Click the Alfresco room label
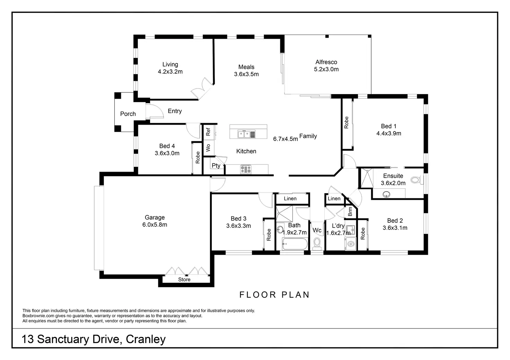[326, 62]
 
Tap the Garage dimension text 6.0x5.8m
[155, 225]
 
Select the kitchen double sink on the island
[246, 134]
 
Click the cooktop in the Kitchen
[246, 169]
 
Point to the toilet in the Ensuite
[417, 180]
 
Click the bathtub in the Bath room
[294, 244]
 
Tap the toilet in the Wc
[317, 243]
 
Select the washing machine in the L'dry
[350, 244]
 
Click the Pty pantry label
[216, 165]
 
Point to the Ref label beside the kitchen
[208, 132]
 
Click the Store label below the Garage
[184, 279]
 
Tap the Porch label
[128, 114]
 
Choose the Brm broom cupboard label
[350, 211]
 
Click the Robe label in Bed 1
[346, 123]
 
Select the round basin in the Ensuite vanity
[386, 195]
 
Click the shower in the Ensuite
[367, 178]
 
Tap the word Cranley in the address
[146, 339]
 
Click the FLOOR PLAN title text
[274, 295]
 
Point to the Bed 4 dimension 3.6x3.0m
[167, 153]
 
